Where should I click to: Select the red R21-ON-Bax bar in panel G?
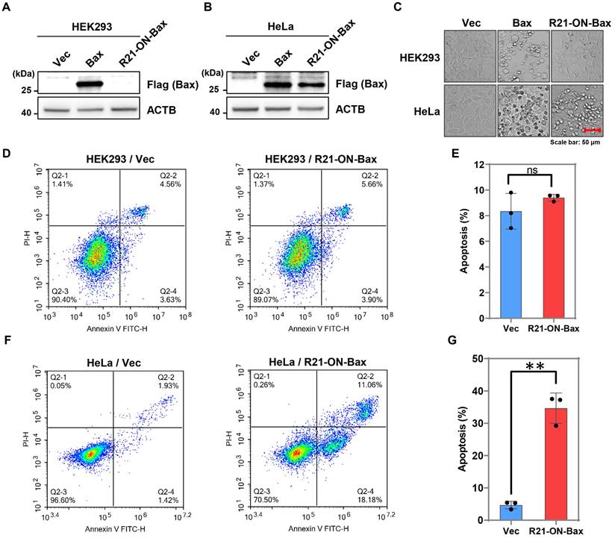tap(556, 463)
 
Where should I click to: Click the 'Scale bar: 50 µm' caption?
tap(575, 140)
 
